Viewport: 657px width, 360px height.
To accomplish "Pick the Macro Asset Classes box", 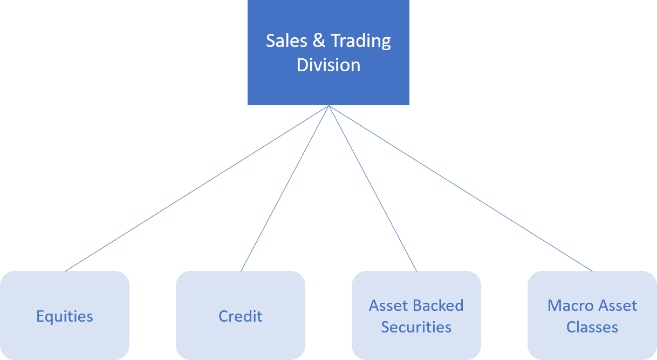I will point(592,345).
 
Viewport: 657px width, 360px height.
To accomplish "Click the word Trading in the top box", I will point(360,42).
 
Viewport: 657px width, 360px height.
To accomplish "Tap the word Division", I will point(328,65).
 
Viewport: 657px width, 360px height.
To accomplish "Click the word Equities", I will point(65,316).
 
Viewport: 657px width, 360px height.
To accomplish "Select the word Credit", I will point(241,316).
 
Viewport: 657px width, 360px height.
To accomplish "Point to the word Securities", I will point(416,327).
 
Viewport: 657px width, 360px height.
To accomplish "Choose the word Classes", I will point(592,327).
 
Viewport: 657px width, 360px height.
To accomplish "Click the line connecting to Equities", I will point(197,188).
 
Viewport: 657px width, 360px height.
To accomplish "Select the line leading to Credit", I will point(285,188).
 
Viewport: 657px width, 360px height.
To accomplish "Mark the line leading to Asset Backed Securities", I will point(372,188).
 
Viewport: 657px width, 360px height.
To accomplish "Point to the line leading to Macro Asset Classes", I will point(460,188).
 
